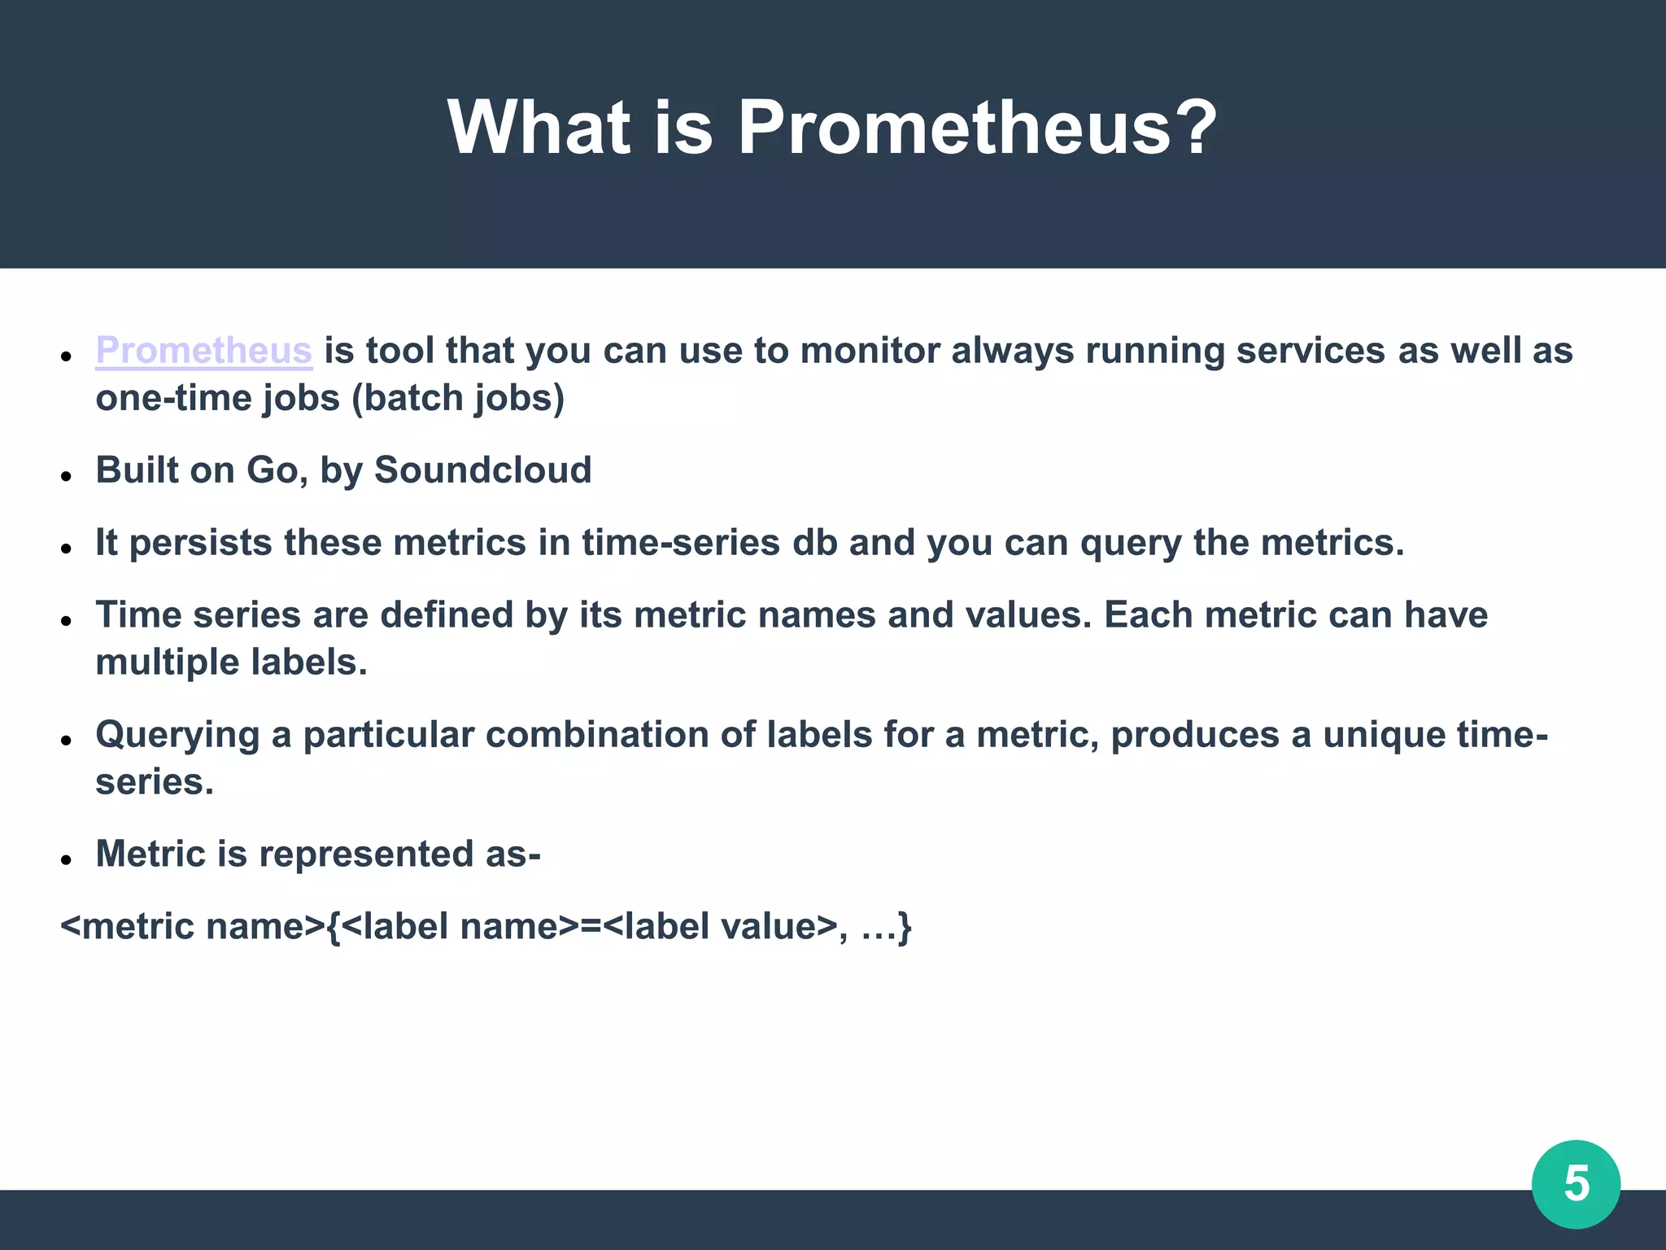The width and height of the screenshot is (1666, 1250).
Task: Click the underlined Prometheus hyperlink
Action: coord(203,352)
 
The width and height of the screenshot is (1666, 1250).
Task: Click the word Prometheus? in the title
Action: coord(976,128)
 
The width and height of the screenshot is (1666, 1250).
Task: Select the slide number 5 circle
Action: coord(1576,1184)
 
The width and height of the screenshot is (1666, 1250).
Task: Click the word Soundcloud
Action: coord(482,470)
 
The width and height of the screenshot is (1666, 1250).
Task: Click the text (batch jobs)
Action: coord(458,399)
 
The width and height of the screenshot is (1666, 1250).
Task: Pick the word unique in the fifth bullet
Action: coord(1383,735)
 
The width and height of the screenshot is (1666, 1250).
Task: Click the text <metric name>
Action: coord(193,927)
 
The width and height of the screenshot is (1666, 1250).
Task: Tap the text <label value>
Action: coord(720,927)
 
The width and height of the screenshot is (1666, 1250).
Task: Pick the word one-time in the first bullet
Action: coord(172,399)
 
